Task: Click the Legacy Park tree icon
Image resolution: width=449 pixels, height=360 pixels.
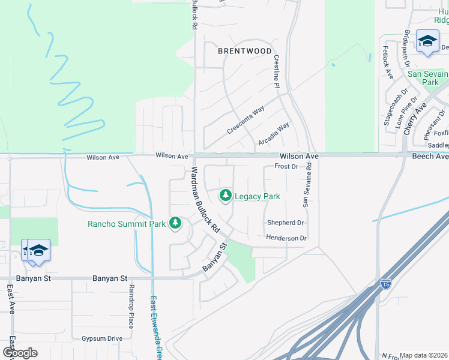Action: [226, 196]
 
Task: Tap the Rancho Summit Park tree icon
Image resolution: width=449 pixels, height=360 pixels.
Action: [175, 224]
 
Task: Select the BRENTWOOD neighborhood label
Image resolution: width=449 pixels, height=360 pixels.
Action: [244, 51]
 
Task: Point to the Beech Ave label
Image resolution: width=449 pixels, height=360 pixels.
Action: [430, 156]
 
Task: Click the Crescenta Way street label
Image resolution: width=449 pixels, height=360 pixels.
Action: [246, 120]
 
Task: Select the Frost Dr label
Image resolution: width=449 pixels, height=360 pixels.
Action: [286, 166]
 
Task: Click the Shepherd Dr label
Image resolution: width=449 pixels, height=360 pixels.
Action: [286, 223]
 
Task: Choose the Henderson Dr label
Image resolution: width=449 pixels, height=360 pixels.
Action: [286, 238]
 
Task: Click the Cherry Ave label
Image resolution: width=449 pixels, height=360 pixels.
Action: [414, 118]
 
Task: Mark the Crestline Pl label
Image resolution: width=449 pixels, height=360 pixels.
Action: [277, 71]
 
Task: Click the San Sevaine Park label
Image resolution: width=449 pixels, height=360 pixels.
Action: [427, 78]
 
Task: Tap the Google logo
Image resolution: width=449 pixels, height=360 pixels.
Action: [20, 352]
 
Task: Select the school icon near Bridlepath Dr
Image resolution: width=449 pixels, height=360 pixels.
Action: [427, 41]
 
